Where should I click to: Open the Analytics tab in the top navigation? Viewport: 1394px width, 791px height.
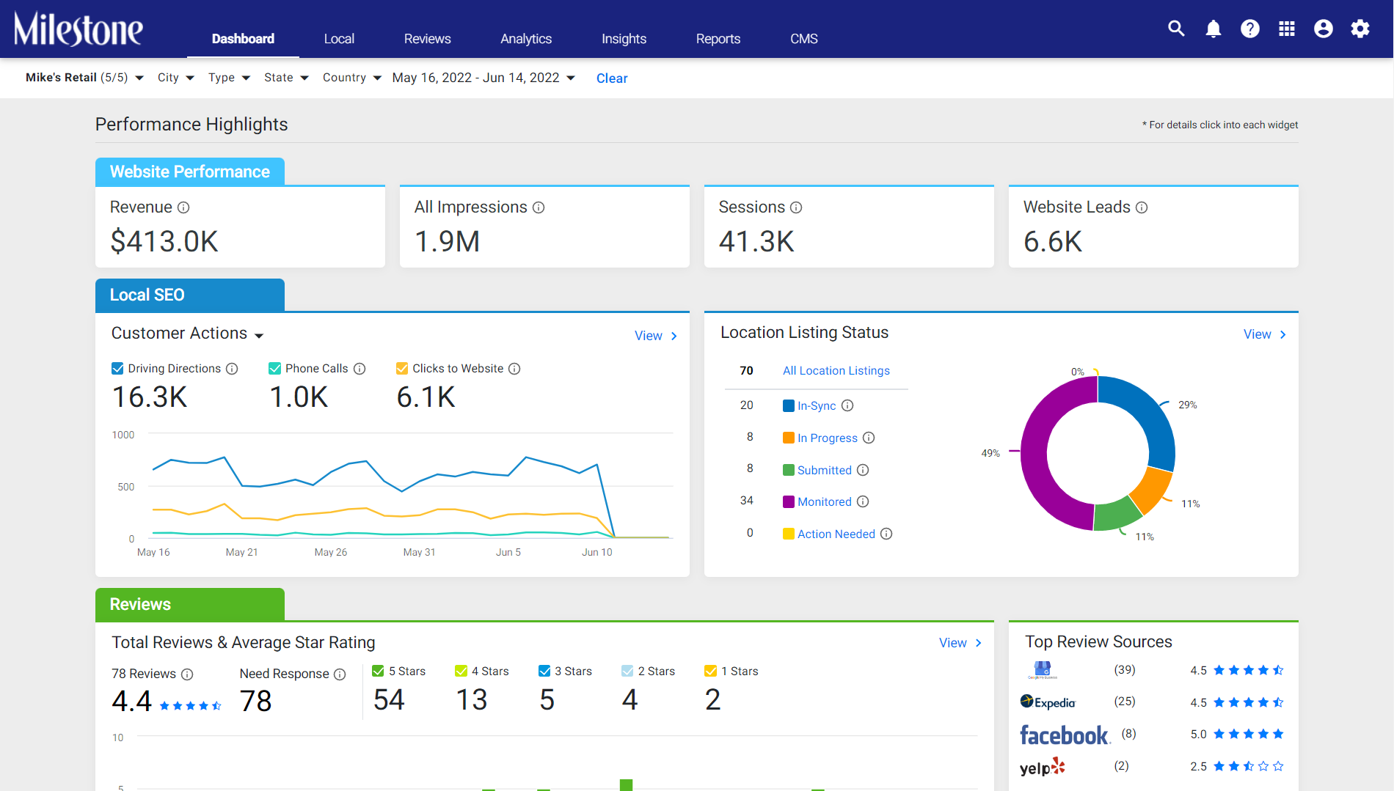coord(525,39)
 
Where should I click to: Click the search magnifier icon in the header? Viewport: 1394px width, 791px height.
coord(1176,29)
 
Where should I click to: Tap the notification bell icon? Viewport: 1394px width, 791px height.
coord(1214,29)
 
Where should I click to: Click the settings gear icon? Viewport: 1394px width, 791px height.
coord(1360,29)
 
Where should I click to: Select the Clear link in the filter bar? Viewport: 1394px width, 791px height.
coord(612,78)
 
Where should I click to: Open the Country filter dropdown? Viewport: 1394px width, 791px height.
coord(352,78)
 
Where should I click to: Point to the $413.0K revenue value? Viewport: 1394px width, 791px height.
coord(164,241)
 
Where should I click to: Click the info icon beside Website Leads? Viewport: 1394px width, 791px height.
coord(1142,207)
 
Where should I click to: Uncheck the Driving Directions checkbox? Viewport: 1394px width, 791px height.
coord(117,369)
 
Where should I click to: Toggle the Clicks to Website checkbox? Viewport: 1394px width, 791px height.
coord(402,369)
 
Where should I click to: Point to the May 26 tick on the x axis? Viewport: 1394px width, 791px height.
coord(331,552)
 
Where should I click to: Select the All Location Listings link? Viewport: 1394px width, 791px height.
coord(836,371)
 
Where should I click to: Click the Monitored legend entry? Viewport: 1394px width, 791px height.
coord(825,502)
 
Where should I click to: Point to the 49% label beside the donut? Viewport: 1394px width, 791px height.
coord(990,453)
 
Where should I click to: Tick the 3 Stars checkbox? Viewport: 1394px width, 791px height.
coord(544,671)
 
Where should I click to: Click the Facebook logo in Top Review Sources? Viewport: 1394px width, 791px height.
coord(1065,735)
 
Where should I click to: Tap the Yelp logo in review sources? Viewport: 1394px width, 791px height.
coord(1043,767)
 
